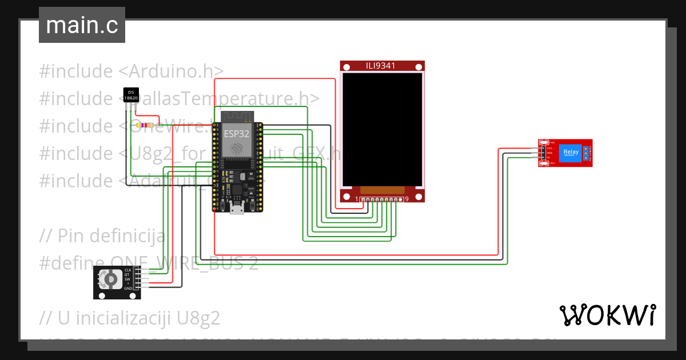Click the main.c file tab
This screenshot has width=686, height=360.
tap(82, 25)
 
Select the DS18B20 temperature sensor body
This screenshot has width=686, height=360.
tap(131, 95)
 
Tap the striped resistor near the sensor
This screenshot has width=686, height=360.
tap(150, 125)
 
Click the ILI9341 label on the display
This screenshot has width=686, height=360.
tap(381, 66)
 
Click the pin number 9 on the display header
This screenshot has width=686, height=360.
tap(406, 199)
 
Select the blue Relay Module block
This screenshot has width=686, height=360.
tap(571, 153)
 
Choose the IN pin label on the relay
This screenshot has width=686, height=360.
tap(548, 157)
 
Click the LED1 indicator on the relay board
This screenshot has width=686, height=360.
tap(553, 163)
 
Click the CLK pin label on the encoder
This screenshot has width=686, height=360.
tap(128, 270)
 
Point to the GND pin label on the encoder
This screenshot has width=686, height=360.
tap(128, 289)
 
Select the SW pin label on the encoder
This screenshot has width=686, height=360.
tap(128, 279)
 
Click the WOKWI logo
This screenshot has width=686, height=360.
tap(607, 315)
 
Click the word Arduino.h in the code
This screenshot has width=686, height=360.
tap(176, 71)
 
